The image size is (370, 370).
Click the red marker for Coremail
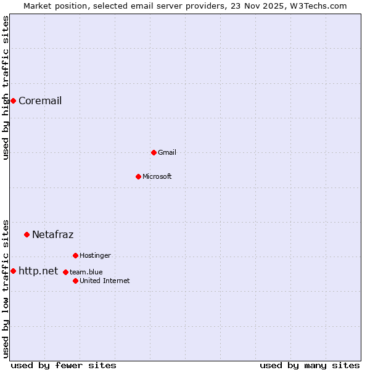click(13, 101)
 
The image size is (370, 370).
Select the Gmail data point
click(154, 152)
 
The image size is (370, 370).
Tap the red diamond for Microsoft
click(138, 176)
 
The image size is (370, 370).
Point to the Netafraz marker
click(27, 234)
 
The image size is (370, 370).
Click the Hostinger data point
click(75, 255)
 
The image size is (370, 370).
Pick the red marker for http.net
click(13, 271)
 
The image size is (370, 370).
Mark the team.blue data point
click(65, 272)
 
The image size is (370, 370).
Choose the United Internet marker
click(75, 281)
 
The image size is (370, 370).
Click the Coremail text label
click(40, 101)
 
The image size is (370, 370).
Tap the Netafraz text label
click(52, 234)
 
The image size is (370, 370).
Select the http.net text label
click(38, 271)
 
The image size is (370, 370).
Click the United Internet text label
click(104, 281)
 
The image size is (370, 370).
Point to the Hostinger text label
click(95, 255)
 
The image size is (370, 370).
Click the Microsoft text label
click(157, 176)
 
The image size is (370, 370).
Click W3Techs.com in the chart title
click(319, 6)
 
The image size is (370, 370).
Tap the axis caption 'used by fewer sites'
click(64, 366)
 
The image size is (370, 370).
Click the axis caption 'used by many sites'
click(310, 366)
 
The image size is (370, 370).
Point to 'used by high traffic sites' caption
click(6, 88)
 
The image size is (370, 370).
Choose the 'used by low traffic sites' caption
click(6, 288)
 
